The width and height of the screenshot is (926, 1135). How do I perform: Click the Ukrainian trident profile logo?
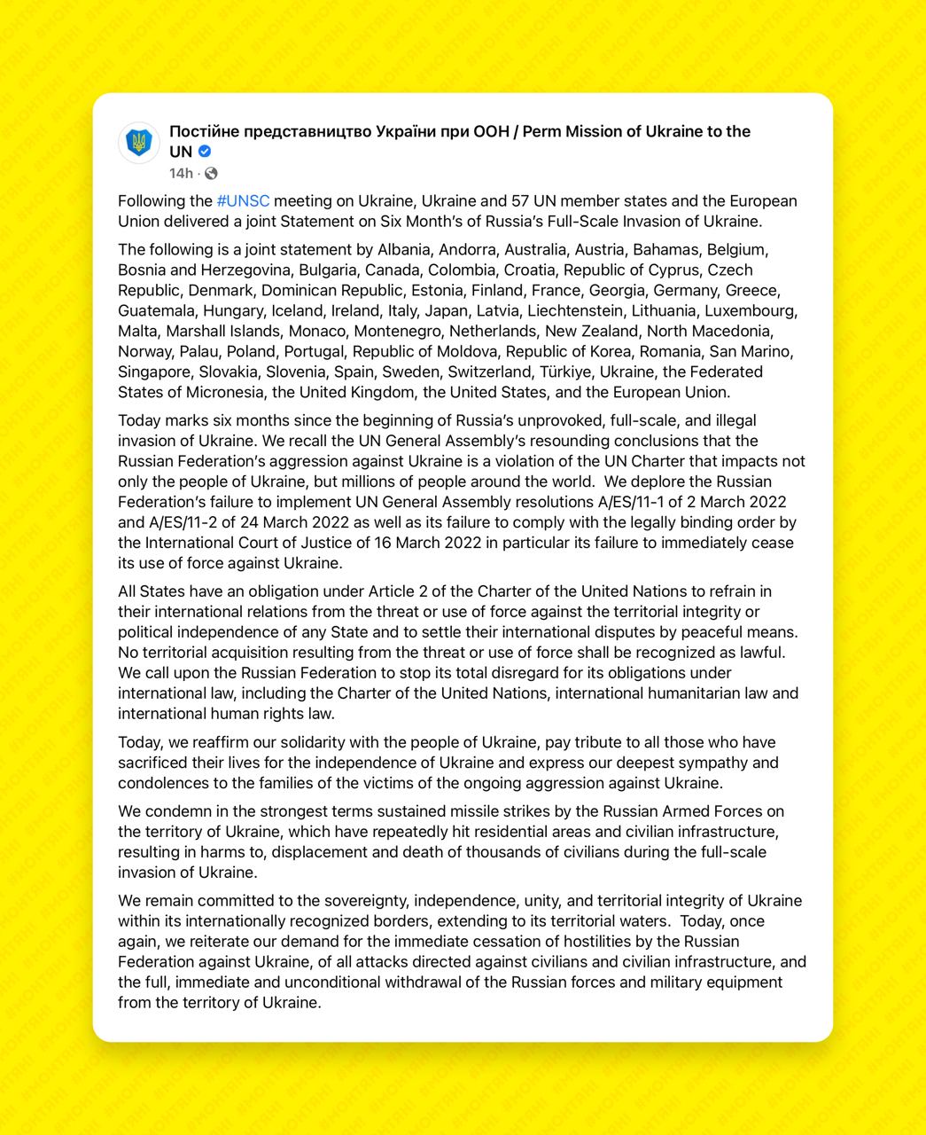click(x=138, y=143)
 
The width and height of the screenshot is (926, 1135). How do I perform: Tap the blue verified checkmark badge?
click(x=205, y=152)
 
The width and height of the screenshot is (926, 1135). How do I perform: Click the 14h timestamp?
click(x=181, y=173)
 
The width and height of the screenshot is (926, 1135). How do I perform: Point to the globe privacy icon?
click(x=211, y=173)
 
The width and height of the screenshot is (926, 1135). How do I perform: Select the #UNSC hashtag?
click(x=243, y=201)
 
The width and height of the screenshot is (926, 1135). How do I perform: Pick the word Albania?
click(x=406, y=250)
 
